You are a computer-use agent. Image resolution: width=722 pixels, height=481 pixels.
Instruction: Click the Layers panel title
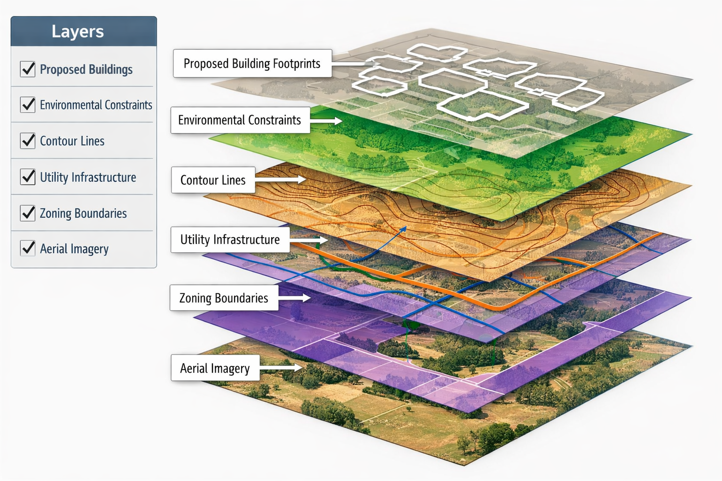(x=78, y=31)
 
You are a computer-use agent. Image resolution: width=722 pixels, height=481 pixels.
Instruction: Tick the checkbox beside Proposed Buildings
(x=28, y=69)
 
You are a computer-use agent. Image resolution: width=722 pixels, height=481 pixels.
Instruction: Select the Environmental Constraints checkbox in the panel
(x=28, y=104)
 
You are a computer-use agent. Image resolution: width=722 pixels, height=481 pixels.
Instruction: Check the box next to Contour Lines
(x=28, y=140)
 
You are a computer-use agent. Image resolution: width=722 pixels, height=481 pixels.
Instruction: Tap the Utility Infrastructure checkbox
(x=28, y=177)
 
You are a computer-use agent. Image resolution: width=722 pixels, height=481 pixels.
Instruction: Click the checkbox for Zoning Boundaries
(x=28, y=213)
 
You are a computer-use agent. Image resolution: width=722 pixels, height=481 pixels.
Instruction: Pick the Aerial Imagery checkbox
(x=28, y=248)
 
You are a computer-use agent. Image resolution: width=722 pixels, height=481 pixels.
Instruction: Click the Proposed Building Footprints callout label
(x=252, y=63)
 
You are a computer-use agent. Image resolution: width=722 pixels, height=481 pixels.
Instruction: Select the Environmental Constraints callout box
(x=240, y=120)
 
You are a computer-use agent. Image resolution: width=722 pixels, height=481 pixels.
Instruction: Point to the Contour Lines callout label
(x=213, y=180)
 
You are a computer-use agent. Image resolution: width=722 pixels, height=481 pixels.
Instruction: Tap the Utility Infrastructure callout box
(x=230, y=240)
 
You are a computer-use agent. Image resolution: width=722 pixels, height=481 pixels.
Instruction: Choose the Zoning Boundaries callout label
(x=224, y=298)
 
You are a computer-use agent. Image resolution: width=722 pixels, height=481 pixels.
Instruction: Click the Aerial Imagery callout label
(x=215, y=368)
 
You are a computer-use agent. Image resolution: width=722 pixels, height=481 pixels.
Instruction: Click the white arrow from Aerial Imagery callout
(x=281, y=368)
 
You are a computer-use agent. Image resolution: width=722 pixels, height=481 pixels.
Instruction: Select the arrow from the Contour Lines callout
(x=281, y=180)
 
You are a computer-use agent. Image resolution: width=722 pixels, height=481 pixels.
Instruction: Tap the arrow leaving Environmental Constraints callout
(x=326, y=121)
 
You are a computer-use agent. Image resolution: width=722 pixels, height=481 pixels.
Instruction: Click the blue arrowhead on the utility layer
(x=403, y=229)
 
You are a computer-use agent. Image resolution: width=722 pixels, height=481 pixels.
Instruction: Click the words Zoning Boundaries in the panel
(x=83, y=213)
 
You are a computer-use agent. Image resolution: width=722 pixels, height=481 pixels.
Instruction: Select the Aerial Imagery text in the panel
(x=74, y=248)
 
